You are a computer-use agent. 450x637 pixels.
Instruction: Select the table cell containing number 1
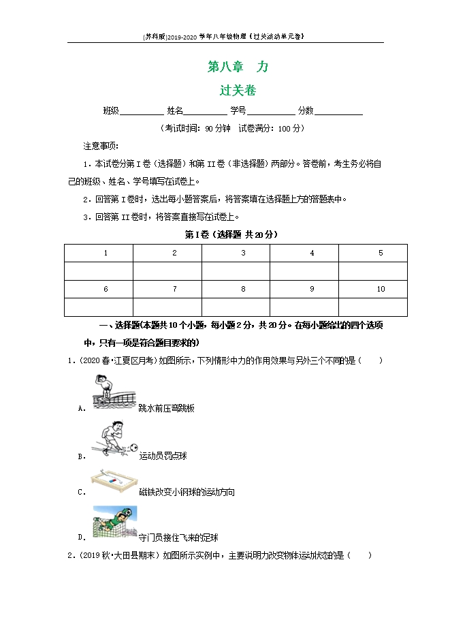pyautogui.click(x=106, y=253)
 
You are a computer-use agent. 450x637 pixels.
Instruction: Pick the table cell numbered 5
pyautogui.click(x=381, y=253)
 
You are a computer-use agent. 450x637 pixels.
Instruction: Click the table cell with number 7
pyautogui.click(x=174, y=290)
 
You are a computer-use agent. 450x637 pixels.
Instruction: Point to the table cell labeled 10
pyautogui.click(x=381, y=290)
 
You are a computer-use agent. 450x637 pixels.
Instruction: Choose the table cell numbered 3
pyautogui.click(x=243, y=253)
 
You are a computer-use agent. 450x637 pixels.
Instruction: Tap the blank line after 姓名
pyautogui.click(x=206, y=113)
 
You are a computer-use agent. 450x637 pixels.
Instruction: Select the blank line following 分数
pyautogui.click(x=338, y=113)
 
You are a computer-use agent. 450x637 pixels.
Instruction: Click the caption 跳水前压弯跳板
pyautogui.click(x=167, y=408)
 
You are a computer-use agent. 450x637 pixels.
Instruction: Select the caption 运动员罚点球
pyautogui.click(x=163, y=456)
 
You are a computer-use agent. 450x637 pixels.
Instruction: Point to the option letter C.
pyautogui.click(x=82, y=491)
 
